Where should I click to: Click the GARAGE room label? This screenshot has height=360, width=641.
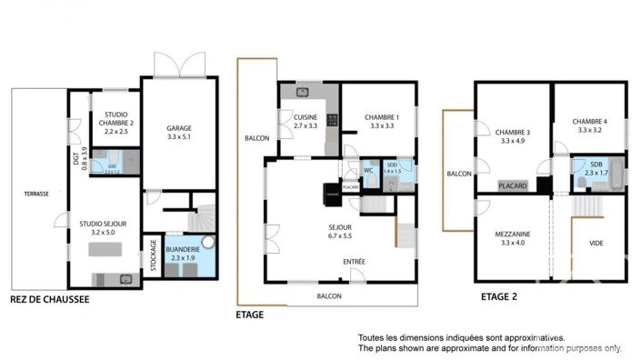178,128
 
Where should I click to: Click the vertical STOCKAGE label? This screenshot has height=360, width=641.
153,255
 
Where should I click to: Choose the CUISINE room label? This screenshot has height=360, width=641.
305,117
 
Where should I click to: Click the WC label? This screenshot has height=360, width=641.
369,169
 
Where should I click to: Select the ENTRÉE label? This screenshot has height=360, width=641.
354,262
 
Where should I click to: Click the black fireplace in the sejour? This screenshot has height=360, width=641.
331,192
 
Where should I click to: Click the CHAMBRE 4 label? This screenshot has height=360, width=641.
590,121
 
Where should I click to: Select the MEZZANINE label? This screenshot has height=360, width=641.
514,232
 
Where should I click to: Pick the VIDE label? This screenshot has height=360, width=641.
596,243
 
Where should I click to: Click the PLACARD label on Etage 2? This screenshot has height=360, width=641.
514,185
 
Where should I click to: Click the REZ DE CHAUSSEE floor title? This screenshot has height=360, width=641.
49,299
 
